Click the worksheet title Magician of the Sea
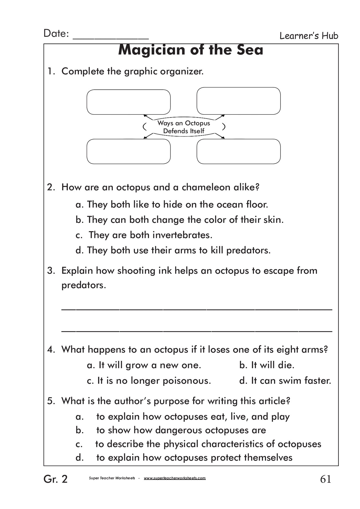(191, 50)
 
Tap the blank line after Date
(111, 38)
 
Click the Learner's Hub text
(309, 36)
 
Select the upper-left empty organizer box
(128, 102)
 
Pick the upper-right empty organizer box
(238, 101)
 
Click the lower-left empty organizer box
(128, 151)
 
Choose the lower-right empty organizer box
(238, 151)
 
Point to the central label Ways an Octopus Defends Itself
(184, 127)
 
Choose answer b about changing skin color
(180, 220)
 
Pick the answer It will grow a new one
(144, 365)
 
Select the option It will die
(267, 365)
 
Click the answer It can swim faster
(285, 381)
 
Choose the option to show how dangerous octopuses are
(181, 430)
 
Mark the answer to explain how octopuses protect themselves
(194, 457)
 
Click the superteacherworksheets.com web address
(175, 478)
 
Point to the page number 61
(325, 479)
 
